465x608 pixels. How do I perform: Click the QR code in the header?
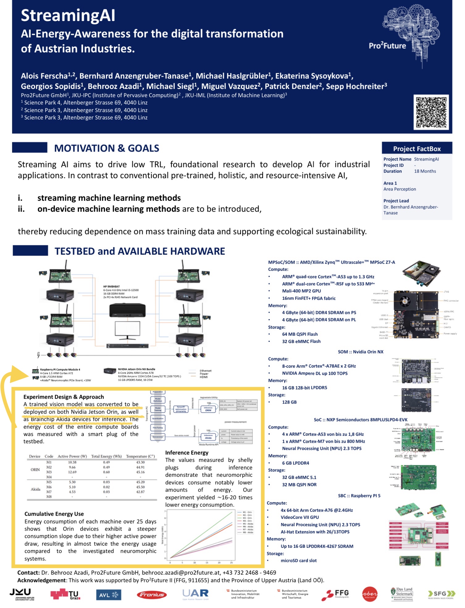pyautogui.click(x=431, y=112)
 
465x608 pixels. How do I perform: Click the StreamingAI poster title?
pyautogui.click(x=68, y=15)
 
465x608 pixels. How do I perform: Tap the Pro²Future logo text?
pyautogui.click(x=387, y=46)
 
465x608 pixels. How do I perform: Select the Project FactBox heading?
pyautogui.click(x=417, y=149)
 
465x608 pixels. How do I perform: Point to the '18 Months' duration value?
pyautogui.click(x=425, y=171)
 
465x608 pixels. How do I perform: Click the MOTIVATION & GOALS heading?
pyautogui.click(x=107, y=148)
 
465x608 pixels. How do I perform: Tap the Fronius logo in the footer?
pyautogui.click(x=152, y=594)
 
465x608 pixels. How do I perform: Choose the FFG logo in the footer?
pyautogui.click(x=335, y=594)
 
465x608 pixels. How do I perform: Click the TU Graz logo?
pyautogui.click(x=65, y=594)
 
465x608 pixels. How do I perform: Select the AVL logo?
pyautogui.click(x=108, y=594)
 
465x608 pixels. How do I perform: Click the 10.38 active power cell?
pyautogui.click(x=72, y=462)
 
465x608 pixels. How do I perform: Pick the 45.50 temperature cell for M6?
pyautogui.click(x=140, y=487)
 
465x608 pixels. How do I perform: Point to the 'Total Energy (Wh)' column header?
pyautogui.click(x=106, y=456)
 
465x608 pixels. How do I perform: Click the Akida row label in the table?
pyautogui.click(x=36, y=489)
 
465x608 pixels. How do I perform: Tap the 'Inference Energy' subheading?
pyautogui.click(x=186, y=452)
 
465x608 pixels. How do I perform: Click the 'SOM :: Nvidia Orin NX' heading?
pyautogui.click(x=360, y=352)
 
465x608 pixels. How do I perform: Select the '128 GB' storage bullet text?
pyautogui.click(x=289, y=402)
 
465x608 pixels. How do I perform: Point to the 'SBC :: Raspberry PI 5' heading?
pyautogui.click(x=359, y=496)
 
